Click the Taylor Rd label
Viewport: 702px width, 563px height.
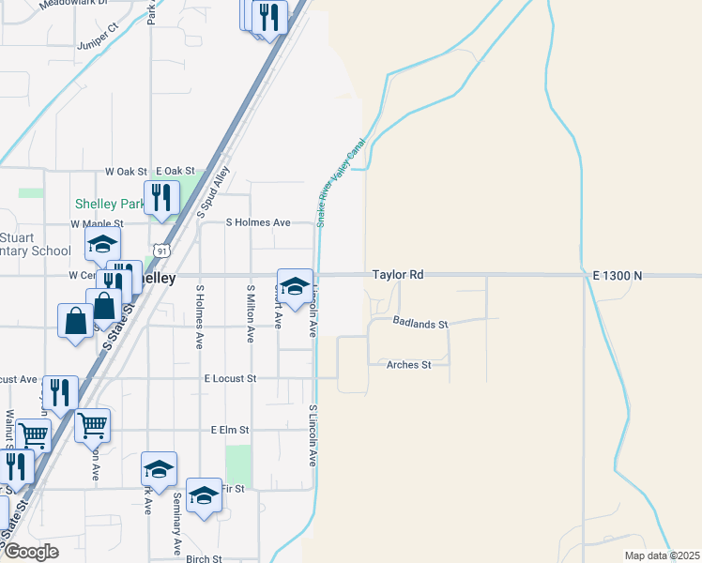click(398, 275)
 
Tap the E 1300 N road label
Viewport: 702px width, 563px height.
click(617, 275)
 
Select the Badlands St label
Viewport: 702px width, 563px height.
click(421, 324)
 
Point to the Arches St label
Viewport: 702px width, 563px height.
click(408, 364)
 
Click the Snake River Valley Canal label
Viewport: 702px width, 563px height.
click(341, 180)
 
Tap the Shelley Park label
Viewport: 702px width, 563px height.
click(109, 205)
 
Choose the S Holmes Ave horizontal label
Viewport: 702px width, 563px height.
click(258, 222)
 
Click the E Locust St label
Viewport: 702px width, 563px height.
click(230, 378)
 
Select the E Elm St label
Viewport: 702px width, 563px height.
click(230, 430)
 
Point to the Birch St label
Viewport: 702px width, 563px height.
click(204, 558)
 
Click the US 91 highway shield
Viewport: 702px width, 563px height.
click(163, 251)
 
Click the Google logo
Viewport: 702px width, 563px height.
click(31, 552)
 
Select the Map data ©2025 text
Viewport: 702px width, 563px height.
click(662, 555)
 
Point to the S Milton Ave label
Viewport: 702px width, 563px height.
click(251, 313)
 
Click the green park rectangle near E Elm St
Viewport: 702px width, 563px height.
click(239, 466)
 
